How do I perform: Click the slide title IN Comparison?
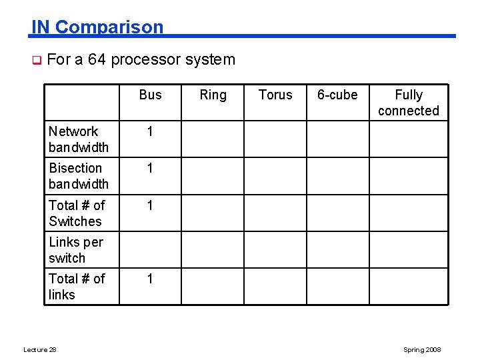tap(97, 27)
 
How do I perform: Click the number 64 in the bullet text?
tap(97, 59)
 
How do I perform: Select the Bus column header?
tap(150, 95)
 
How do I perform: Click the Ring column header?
tap(213, 95)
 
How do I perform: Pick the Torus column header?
tap(275, 95)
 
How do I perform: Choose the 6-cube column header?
tap(337, 95)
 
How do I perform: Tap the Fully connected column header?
tap(409, 103)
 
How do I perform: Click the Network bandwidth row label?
tap(78, 139)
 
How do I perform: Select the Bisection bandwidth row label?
tap(78, 176)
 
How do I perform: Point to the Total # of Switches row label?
tap(77, 213)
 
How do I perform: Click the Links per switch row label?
tap(75, 249)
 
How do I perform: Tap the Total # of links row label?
tap(77, 286)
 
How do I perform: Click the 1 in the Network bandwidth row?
tap(150, 131)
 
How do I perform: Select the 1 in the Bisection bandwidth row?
tap(150, 168)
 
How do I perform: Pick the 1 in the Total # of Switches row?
tap(150, 205)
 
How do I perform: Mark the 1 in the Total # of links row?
tap(150, 278)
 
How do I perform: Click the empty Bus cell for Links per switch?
tap(150, 249)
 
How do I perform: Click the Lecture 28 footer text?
tap(39, 350)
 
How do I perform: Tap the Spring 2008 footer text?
tap(422, 350)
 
